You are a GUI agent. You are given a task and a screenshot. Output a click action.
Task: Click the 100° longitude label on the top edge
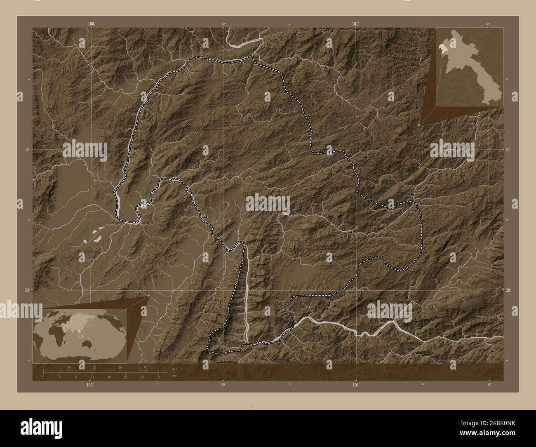92,24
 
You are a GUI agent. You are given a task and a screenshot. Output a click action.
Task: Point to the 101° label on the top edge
355,24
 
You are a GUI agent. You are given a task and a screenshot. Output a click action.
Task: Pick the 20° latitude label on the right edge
508,290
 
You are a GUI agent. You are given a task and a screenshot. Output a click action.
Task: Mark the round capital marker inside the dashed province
206,216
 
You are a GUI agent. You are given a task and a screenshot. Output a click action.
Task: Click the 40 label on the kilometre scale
145,367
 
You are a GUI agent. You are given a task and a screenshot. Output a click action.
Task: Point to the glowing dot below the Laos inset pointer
419,125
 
